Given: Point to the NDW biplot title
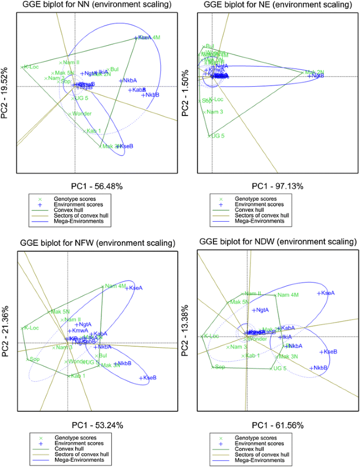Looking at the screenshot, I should [275, 242].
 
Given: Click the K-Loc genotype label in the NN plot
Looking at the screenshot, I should [31, 67].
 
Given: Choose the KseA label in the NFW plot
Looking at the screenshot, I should [136, 288].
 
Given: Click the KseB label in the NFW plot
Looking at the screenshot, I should [150, 378].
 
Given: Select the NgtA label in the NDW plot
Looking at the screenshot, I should [261, 310].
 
